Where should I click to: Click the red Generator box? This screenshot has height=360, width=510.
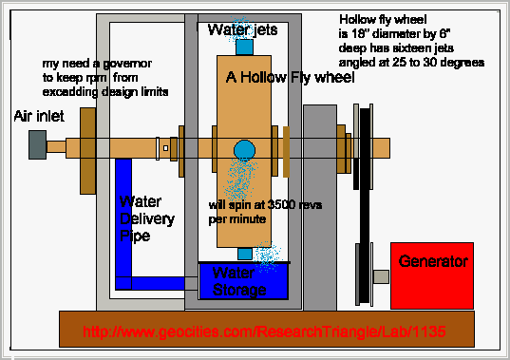pyautogui.click(x=432, y=275)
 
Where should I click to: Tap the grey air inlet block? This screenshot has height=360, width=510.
pyautogui.click(x=37, y=145)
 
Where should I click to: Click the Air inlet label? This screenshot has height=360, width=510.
pyautogui.click(x=39, y=116)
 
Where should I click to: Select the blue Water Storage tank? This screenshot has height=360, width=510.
pyautogui.click(x=243, y=281)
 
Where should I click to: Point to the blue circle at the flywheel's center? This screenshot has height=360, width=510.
pyautogui.click(x=244, y=151)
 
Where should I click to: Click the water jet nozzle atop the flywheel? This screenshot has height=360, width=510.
pyautogui.click(x=244, y=47)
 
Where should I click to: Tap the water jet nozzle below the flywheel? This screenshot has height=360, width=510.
pyautogui.click(x=245, y=254)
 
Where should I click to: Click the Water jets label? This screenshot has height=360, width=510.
pyautogui.click(x=242, y=29)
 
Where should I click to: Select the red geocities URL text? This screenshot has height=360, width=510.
pyautogui.click(x=264, y=332)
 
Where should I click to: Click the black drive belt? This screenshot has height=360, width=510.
pyautogui.click(x=365, y=205)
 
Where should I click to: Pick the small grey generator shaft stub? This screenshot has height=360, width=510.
pyautogui.click(x=381, y=276)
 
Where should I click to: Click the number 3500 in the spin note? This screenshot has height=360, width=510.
pyautogui.click(x=282, y=205)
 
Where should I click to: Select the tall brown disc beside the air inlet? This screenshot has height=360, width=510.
pyautogui.click(x=87, y=151)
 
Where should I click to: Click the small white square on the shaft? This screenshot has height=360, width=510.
pyautogui.click(x=165, y=148)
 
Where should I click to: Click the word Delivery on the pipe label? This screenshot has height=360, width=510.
pyautogui.click(x=147, y=219)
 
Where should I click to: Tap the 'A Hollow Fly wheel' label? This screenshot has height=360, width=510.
pyautogui.click(x=290, y=77)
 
